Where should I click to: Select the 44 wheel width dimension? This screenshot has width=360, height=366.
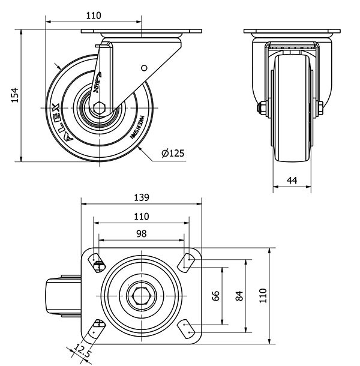coord(292,180)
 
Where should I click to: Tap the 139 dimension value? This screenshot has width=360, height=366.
coord(140,197)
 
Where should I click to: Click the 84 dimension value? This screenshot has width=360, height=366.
coord(239,295)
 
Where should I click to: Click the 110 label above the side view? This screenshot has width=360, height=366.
coord(93,16)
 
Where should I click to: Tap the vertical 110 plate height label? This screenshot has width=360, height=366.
coord(262,295)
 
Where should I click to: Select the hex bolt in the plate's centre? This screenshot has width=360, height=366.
coord(141,295)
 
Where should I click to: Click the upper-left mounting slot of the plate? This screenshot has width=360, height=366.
coord(97,262)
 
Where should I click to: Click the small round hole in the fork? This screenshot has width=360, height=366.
coord(143,68)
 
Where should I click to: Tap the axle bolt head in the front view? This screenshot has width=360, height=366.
coord(260,109)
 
